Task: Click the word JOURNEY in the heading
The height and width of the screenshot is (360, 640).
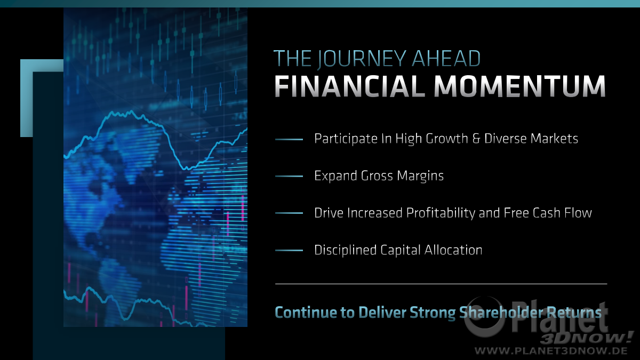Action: point(362,59)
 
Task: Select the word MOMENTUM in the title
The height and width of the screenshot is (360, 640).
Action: point(519,86)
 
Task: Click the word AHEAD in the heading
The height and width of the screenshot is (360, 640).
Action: point(446,59)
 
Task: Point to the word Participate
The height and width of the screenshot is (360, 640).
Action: point(346,139)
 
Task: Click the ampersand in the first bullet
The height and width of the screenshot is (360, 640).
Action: point(476,139)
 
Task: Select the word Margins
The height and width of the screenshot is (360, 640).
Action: point(420,176)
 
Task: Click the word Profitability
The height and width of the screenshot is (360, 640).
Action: point(441,213)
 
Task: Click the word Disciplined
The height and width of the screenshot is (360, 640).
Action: point(345,250)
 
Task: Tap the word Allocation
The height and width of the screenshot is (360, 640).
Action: point(453,250)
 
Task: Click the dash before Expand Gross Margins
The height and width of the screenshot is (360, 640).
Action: point(289,177)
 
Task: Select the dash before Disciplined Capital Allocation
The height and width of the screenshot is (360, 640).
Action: point(289,250)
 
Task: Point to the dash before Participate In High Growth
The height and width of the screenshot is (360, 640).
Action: point(289,139)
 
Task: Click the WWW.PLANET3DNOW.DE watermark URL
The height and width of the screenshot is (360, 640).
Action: point(551,351)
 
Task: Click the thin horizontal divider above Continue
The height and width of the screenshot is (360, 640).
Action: point(441,284)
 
